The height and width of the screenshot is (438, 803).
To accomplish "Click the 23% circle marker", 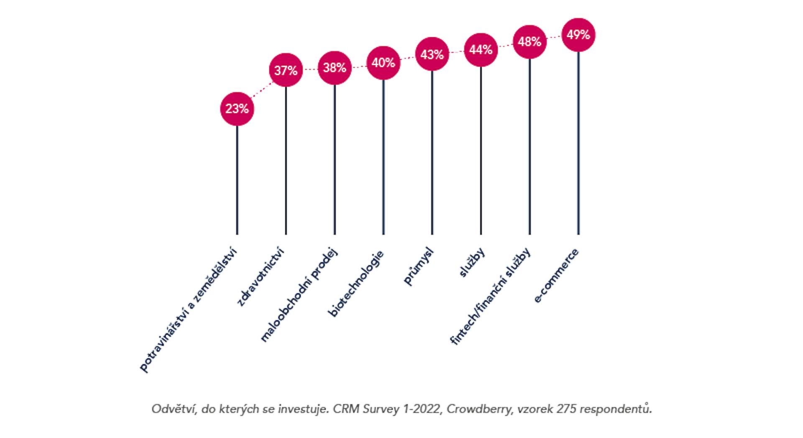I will pos(237,109).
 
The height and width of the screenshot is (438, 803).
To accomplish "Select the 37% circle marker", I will pos(286,70).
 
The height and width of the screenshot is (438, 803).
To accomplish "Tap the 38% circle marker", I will pos(335,67).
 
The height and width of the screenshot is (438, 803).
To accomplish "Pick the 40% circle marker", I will pos(383,63).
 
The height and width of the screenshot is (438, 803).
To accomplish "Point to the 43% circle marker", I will pos(432,54).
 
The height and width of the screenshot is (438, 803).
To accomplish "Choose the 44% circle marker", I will pos(481,50).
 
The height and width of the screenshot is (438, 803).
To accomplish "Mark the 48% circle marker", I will pos(529,42).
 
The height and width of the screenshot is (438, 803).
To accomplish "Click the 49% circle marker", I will pos(578,35).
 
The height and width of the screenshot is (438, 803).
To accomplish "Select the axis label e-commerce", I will pos(557,275).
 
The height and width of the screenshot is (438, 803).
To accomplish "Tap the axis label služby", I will pos(472,262).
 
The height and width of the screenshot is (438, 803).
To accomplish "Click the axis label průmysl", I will pos(419,266).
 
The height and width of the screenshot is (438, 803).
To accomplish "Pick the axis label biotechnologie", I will pos(357,284).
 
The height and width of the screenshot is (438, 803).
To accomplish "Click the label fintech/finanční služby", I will pos(491,297).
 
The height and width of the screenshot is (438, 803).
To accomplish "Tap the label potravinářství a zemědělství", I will pos(189,310).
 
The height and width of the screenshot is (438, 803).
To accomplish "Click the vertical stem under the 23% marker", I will pos(237,180).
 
